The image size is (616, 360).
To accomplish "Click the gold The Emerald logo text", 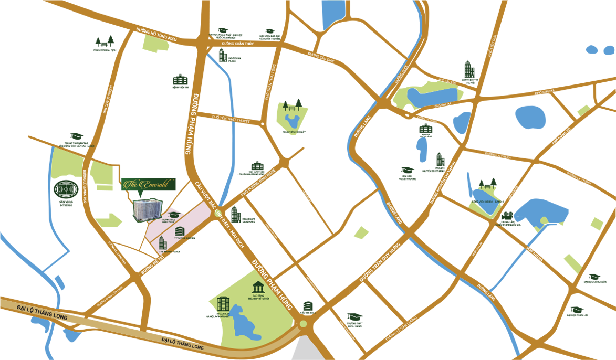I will pos(145,184).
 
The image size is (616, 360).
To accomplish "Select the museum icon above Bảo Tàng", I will pos(258,288).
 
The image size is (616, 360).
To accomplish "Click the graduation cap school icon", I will pos(173,215).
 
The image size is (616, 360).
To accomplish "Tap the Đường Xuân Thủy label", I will pos(237,44).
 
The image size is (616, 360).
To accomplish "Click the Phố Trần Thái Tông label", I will pos(270,82).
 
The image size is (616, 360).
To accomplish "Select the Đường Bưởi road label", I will pos(401,75).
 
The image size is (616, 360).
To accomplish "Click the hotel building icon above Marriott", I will pos(223,303).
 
